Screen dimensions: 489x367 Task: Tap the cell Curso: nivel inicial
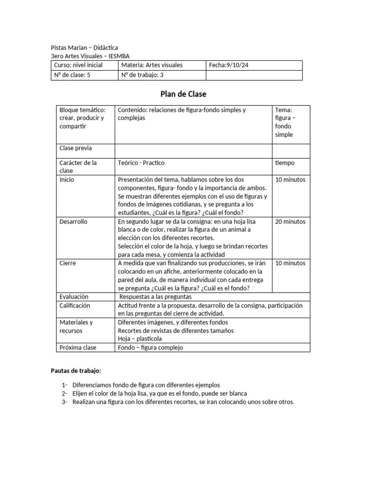coord(78,65)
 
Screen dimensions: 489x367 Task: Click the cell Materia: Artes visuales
coord(152,65)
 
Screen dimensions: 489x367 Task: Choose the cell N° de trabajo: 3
coord(142,75)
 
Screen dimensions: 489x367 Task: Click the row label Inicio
coord(67,180)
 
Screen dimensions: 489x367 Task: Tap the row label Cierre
coord(67,263)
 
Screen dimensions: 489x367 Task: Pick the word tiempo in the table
coord(285,163)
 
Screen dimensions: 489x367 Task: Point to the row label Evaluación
coord(74,297)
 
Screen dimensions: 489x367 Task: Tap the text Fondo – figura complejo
coord(150,348)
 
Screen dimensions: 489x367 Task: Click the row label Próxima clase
coord(78,348)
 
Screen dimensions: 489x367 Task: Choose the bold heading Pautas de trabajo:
coord(76,371)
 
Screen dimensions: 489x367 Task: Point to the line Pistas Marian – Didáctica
coord(84,48)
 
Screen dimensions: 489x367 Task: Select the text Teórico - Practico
coord(141,163)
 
